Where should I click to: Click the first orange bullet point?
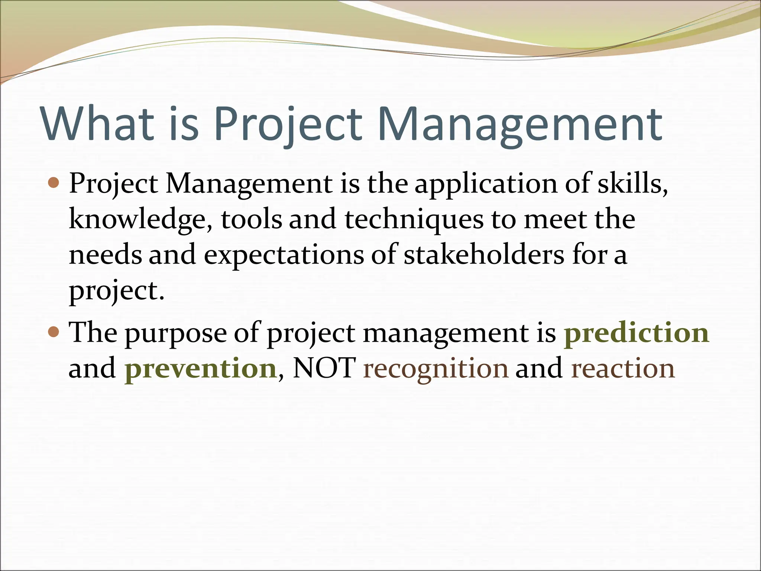tap(54, 183)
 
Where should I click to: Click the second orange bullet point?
tap(54, 332)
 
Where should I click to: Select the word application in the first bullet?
tap(486, 184)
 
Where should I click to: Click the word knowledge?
tap(141, 219)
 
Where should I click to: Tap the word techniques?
tap(414, 219)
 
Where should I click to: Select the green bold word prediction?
tap(637, 332)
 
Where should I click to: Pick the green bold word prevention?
tap(200, 368)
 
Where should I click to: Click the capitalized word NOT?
tap(324, 368)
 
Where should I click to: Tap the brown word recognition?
tap(435, 368)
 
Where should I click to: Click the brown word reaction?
tap(622, 368)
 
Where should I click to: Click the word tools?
tap(252, 219)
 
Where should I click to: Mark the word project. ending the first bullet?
tap(116, 291)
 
